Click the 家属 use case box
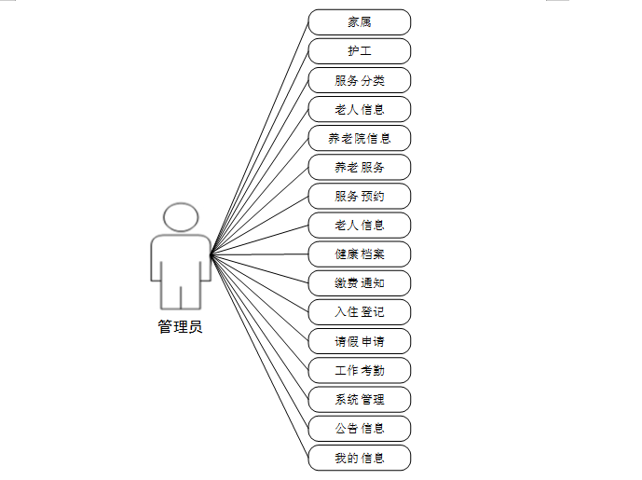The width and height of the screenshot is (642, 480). pyautogui.click(x=359, y=21)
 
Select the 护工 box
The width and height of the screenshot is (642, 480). pyautogui.click(x=359, y=50)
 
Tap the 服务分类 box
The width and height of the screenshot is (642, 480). pyautogui.click(x=359, y=80)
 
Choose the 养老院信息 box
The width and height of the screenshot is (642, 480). pyautogui.click(x=359, y=138)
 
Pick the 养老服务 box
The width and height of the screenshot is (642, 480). pyautogui.click(x=359, y=168)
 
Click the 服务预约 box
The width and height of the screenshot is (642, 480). pyautogui.click(x=359, y=197)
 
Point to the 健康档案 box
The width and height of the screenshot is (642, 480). pyautogui.click(x=359, y=254)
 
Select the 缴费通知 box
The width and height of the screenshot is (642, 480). pyautogui.click(x=359, y=283)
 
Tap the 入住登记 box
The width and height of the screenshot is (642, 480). pyautogui.click(x=359, y=312)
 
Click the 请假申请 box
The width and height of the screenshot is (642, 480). pyautogui.click(x=359, y=341)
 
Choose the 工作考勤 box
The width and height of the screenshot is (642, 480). pyautogui.click(x=359, y=371)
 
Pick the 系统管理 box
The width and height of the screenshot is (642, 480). pyautogui.click(x=359, y=400)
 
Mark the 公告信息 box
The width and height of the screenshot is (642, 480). pyautogui.click(x=359, y=429)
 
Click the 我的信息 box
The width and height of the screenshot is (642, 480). pyautogui.click(x=359, y=458)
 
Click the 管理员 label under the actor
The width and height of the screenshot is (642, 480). pyautogui.click(x=180, y=327)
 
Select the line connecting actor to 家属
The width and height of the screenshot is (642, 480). pyautogui.click(x=261, y=134)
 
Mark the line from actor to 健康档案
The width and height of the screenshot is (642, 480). pyautogui.click(x=261, y=254)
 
